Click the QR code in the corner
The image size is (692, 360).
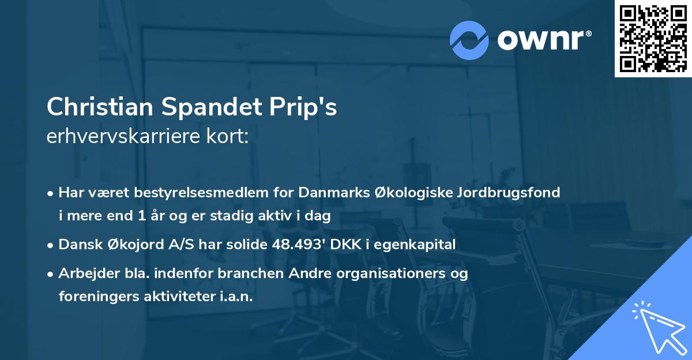coord(653,39)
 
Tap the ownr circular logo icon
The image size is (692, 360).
coord(469,40)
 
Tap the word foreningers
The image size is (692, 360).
coord(96,297)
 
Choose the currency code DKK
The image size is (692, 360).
coord(351,245)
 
